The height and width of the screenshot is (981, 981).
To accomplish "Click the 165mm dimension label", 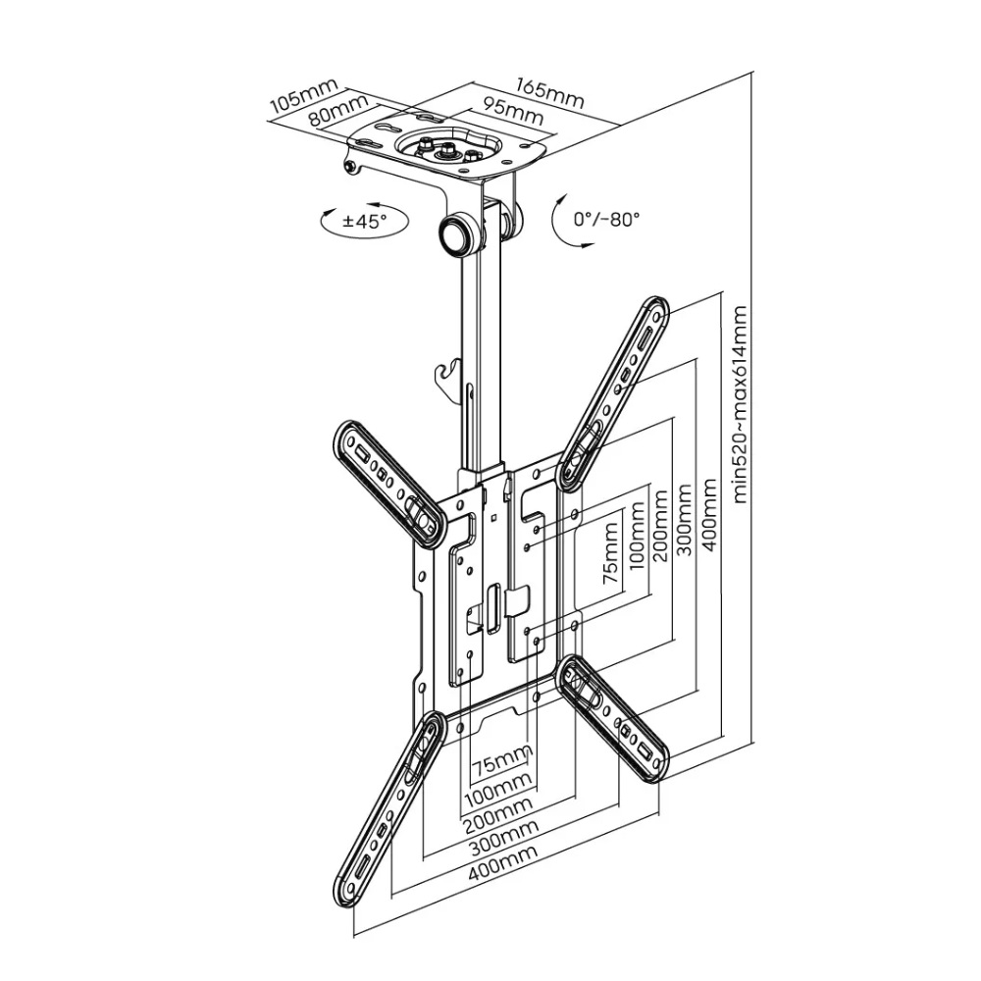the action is coord(550,92).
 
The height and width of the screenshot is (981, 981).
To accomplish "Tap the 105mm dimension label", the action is coord(303,95).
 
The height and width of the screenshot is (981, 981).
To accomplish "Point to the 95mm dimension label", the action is coord(511,113).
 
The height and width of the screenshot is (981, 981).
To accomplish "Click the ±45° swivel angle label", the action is coord(365,221).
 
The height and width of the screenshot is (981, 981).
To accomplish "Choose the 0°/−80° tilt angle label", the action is coord(606,219).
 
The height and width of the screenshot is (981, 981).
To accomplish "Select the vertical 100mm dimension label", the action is coord(637,536).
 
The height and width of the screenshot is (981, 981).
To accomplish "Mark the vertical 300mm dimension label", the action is coord(685,519).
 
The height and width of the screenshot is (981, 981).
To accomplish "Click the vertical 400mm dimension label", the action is coord(709,515).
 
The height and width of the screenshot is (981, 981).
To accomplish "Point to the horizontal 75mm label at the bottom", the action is coord(501,759).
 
